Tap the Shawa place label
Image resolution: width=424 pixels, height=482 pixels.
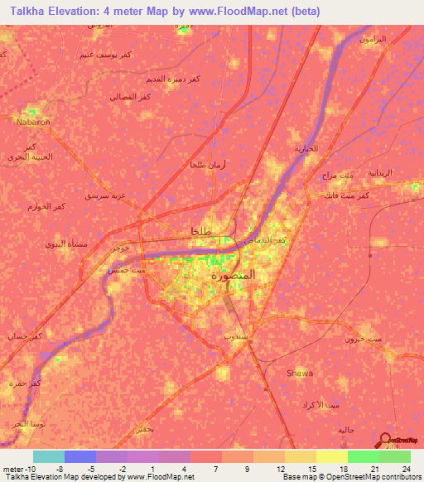(299, 374)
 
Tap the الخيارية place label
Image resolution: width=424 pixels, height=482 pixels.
(306, 149)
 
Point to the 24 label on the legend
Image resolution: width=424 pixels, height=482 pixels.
(405, 468)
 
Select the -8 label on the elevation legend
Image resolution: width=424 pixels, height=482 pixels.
(61, 468)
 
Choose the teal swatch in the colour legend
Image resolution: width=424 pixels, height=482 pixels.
(49, 456)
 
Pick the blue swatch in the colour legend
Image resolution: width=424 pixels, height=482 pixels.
(80, 456)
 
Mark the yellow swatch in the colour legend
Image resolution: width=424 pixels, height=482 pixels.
(332, 456)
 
